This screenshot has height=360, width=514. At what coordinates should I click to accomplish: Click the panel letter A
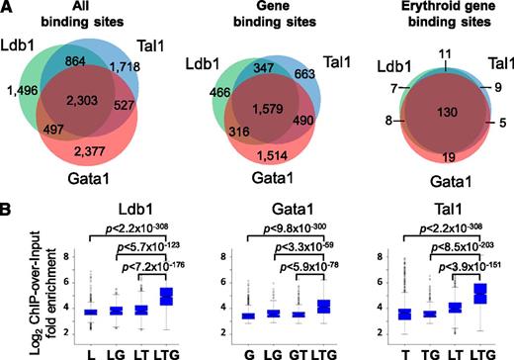pyautogui.click(x=9, y=8)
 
